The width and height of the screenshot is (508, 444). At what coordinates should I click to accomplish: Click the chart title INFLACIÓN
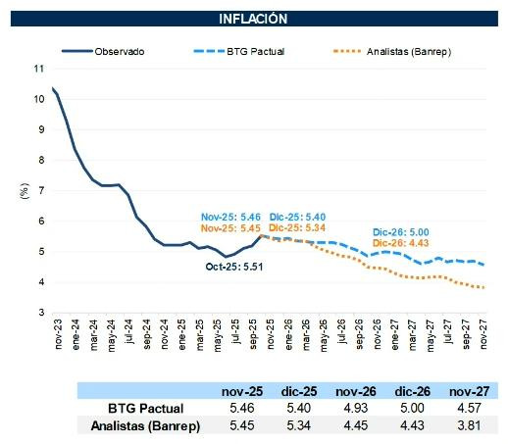[253, 18]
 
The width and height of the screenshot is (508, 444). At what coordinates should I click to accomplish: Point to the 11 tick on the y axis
[39, 69]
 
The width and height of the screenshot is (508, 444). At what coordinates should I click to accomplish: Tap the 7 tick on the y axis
[41, 190]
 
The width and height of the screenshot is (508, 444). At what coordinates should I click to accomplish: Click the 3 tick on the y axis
[41, 312]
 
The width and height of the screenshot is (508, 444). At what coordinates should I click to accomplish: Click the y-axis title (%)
[24, 190]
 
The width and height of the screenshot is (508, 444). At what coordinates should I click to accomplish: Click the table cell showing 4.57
[465, 407]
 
